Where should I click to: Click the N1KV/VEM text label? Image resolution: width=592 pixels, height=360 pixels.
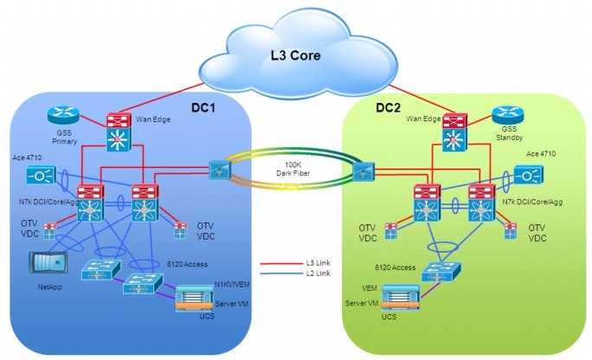pyautogui.click(x=232, y=282)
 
